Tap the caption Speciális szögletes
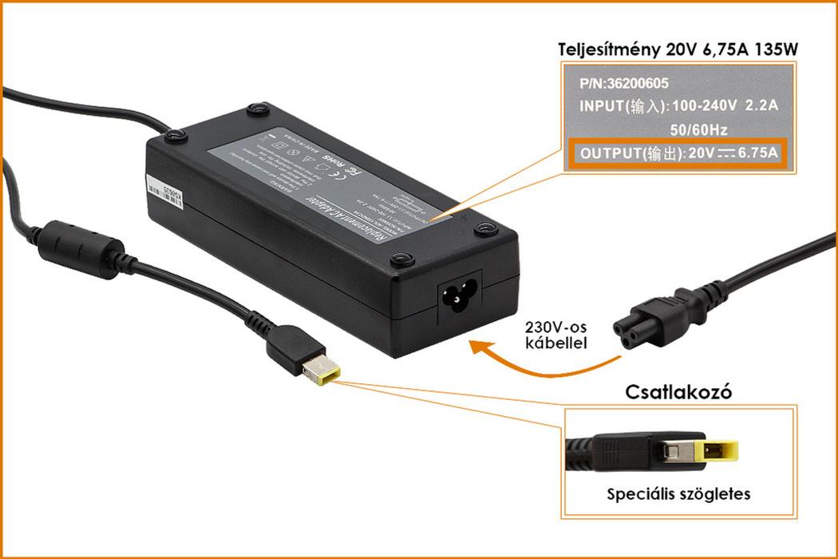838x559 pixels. (x=678, y=494)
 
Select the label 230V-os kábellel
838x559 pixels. (x=556, y=335)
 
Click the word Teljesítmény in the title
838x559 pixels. (x=608, y=50)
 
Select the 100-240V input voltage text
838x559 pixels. (x=706, y=105)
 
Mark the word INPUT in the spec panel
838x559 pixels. (x=601, y=105)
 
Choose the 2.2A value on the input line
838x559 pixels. (x=761, y=105)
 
